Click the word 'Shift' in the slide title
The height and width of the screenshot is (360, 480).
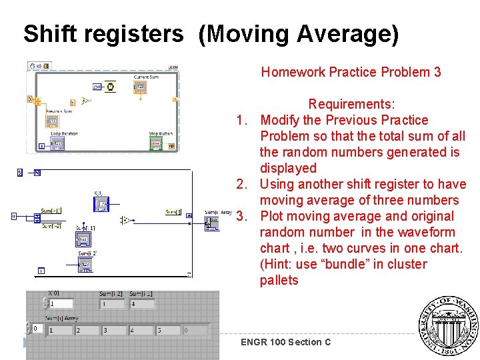pyautogui.click(x=46, y=33)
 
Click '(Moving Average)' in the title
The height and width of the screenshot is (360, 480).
pyautogui.click(x=298, y=34)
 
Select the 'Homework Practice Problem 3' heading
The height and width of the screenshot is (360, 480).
pyautogui.click(x=351, y=72)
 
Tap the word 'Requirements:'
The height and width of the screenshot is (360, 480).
pyautogui.click(x=351, y=105)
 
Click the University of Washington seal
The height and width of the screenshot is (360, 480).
pyautogui.click(x=448, y=327)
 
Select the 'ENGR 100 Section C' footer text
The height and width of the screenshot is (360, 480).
pyautogui.click(x=286, y=342)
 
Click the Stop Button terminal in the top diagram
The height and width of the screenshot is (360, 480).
pyautogui.click(x=156, y=143)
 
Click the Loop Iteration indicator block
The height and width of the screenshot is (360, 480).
pyautogui.click(x=57, y=143)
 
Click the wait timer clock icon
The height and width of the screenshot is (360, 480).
pyautogui.click(x=111, y=86)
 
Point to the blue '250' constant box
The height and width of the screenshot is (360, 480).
pyautogui.click(x=97, y=87)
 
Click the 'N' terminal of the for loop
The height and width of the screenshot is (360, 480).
pyautogui.click(x=37, y=173)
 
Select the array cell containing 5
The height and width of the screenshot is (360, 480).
pyautogui.click(x=167, y=330)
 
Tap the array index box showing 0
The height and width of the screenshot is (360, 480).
pyautogui.click(x=35, y=329)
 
